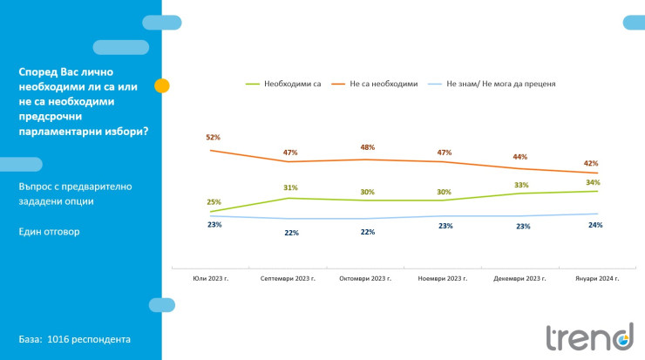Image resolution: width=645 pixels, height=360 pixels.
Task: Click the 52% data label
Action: pos(213,138)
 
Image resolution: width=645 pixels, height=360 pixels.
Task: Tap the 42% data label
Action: pos(592,163)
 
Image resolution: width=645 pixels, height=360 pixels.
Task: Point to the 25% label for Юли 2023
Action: pos(214,201)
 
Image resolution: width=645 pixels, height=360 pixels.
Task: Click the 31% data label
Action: pos(290,187)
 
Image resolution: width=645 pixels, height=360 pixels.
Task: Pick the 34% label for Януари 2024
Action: pos(594,182)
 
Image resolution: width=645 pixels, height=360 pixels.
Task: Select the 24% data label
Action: pos(595,225)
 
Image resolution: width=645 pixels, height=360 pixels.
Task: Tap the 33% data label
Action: pos(521,185)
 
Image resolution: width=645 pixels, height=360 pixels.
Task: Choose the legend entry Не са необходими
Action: pos(384,84)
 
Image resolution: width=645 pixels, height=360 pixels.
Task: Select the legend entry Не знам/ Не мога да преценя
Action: pos(500,84)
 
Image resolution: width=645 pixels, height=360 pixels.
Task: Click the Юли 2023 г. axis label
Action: pos(210,279)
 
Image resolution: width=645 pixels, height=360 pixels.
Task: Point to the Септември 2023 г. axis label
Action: pos(289,279)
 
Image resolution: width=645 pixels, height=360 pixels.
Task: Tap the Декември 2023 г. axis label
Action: pos(519,279)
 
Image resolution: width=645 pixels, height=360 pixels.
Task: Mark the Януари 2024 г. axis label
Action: pos(597,279)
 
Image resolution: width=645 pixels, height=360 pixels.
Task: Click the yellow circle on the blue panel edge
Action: pos(161,85)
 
